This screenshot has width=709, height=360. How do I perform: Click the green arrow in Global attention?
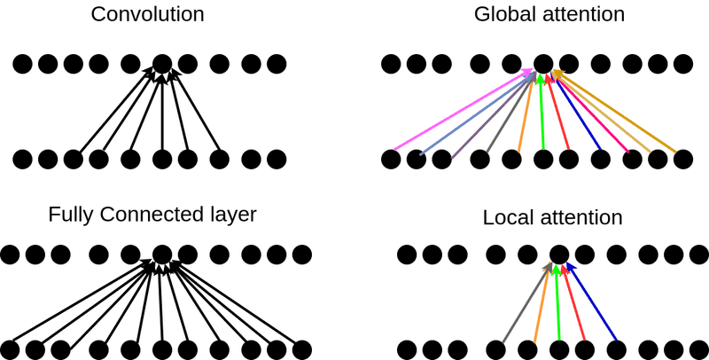pos(541,115)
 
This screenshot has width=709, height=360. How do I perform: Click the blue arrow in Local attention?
pos(592,301)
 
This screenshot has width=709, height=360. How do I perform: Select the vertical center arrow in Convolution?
pos(161,115)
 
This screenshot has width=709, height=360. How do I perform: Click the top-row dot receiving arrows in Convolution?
pos(161,64)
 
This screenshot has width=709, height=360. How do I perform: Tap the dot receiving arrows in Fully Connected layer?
pos(161,254)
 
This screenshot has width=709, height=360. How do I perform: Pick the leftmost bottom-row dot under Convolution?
pos(23,160)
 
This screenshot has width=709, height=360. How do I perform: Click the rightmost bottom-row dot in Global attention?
pos(682,160)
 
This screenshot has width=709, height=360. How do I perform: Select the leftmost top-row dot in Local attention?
pos(407,254)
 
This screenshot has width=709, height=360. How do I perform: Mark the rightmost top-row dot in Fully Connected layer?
pos(302,254)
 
